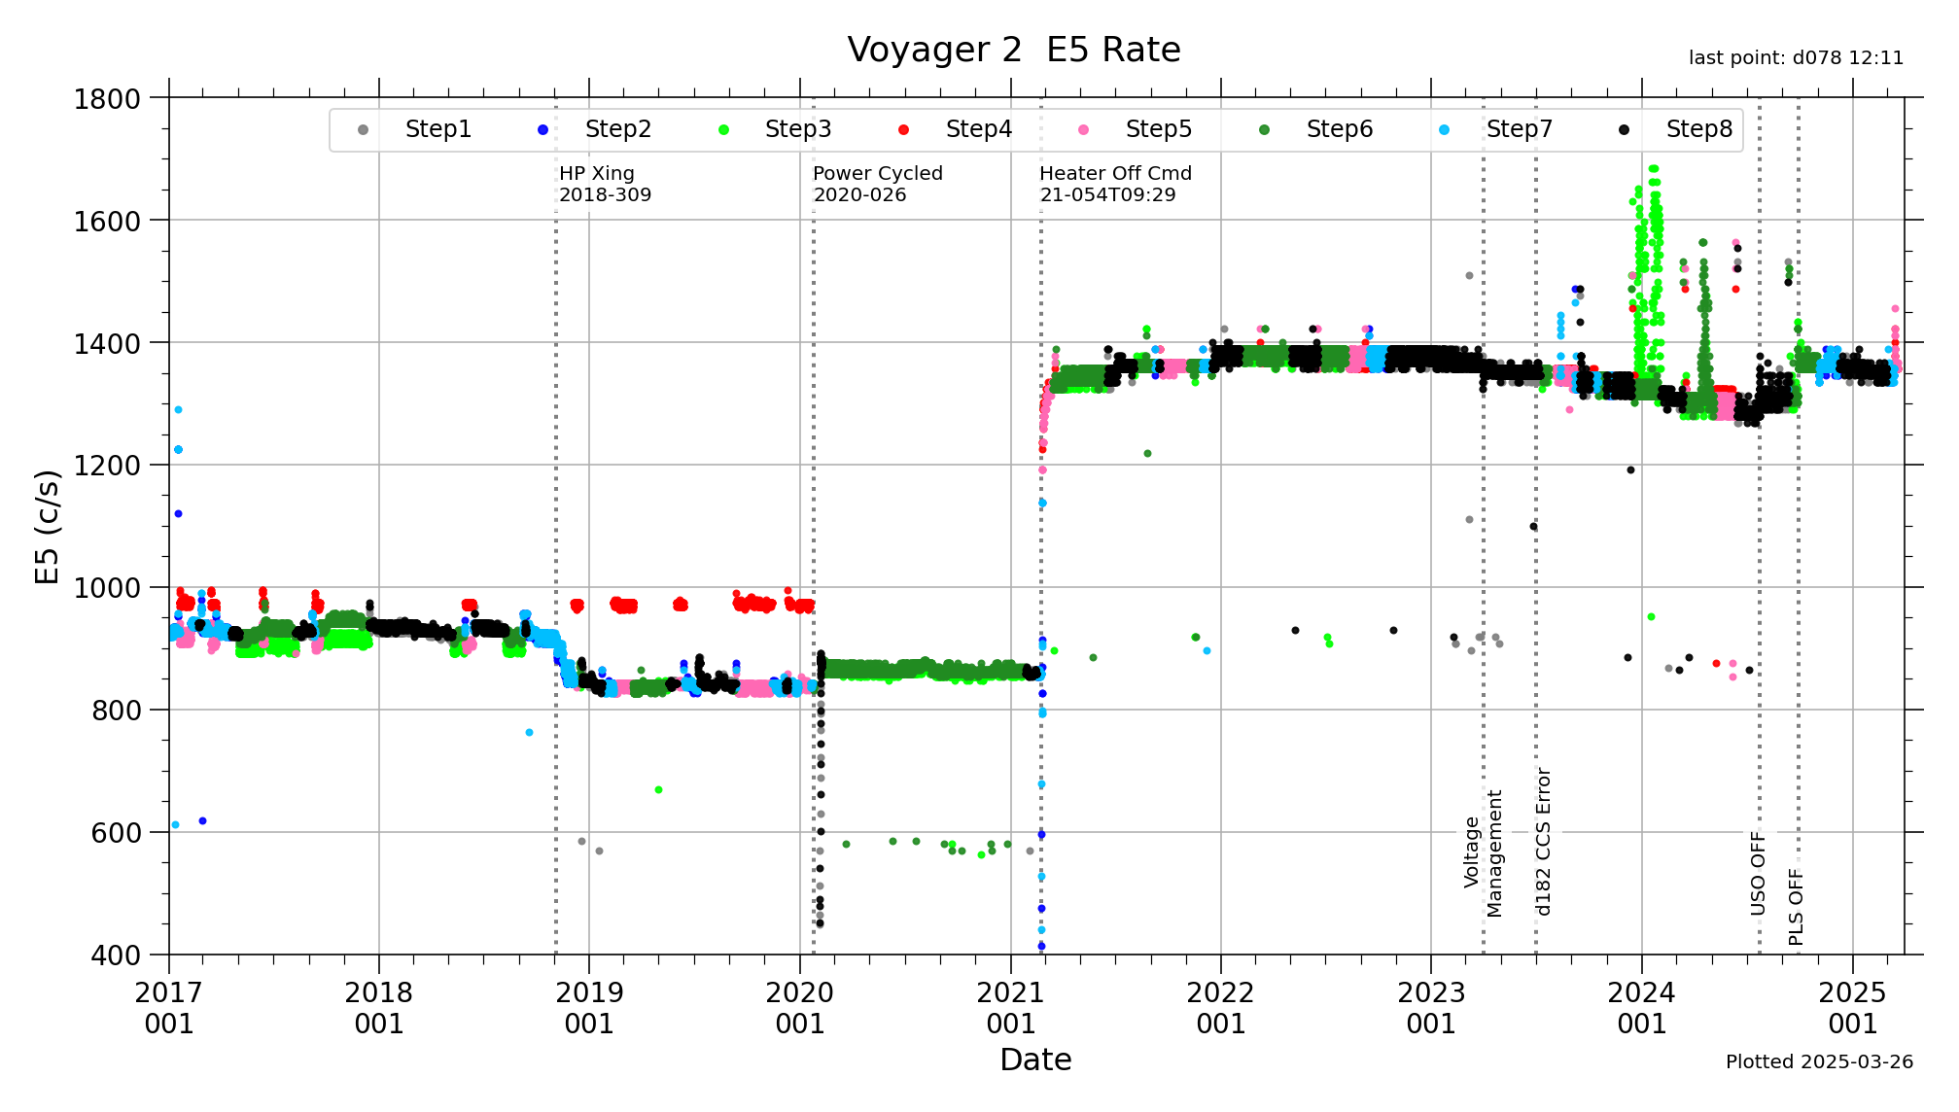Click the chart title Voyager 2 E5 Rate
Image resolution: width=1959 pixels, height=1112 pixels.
[1013, 50]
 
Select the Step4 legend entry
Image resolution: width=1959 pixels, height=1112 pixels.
[978, 129]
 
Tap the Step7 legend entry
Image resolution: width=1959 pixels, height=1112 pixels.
[1519, 129]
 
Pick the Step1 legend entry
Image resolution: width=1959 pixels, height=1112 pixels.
[437, 129]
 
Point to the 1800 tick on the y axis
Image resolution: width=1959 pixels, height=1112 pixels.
[107, 99]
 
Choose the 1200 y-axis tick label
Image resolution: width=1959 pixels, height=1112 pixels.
[107, 466]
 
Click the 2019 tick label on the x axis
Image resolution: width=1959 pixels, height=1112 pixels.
[588, 1008]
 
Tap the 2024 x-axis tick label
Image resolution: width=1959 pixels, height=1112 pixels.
[1641, 1008]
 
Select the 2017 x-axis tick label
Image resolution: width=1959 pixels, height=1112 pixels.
[168, 1008]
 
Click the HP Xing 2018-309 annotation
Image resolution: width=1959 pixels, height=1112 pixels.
[605, 184]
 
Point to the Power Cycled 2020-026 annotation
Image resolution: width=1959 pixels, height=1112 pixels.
[877, 184]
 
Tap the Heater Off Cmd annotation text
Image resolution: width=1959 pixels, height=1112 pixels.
[1114, 184]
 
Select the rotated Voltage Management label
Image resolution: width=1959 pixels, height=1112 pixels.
[1483, 852]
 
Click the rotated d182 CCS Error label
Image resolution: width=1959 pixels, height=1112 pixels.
[1543, 842]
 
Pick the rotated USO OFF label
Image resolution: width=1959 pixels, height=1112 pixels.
[1758, 873]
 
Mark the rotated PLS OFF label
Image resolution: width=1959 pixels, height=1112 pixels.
[1796, 907]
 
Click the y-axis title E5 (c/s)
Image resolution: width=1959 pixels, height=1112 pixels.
[48, 526]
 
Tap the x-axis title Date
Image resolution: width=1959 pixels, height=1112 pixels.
[1034, 1060]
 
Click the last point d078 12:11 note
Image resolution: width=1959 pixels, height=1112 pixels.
[1795, 58]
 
